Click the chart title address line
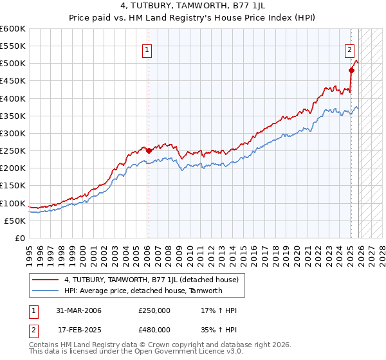coord(193,6)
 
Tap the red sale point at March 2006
coord(149,150)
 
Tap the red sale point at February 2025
coord(351,70)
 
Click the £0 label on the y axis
coord(21,238)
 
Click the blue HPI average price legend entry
coord(143,291)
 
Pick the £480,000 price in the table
coord(154,329)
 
